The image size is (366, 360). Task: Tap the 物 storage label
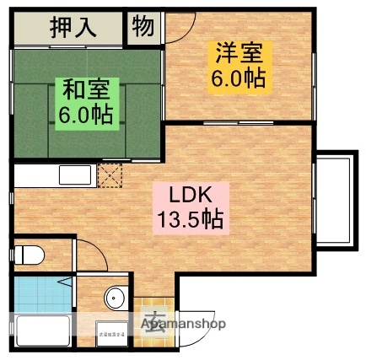[143, 26]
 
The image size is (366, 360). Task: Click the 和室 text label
[85, 86]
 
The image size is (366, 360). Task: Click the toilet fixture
[32, 254]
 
